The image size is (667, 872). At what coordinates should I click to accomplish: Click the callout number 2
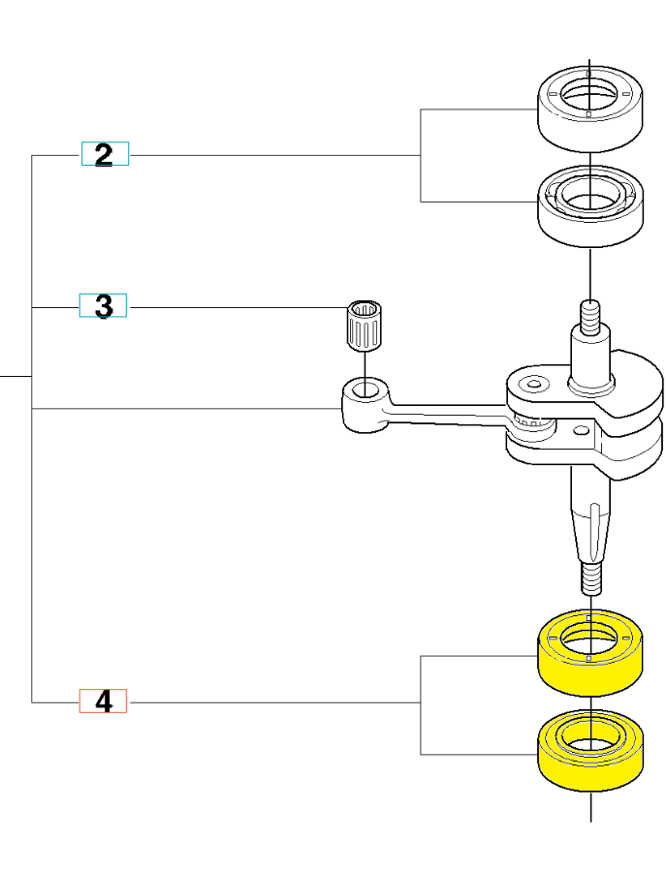105,154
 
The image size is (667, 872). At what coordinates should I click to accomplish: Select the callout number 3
104,307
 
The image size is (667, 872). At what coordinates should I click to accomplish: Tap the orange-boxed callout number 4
103,701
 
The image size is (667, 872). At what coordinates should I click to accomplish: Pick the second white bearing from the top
591,218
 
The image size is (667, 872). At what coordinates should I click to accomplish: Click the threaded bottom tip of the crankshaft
590,579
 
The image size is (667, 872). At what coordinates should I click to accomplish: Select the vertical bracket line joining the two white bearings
421,155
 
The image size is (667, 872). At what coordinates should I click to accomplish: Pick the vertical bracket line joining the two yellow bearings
421,704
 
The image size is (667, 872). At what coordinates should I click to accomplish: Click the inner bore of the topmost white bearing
590,96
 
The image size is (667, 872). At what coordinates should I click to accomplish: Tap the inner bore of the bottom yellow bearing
590,744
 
